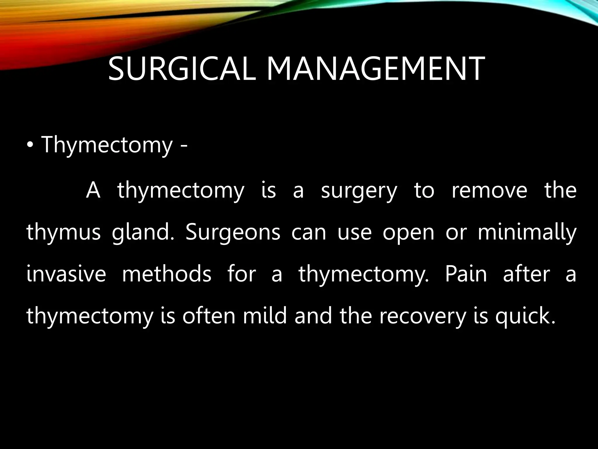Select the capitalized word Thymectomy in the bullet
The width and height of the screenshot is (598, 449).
click(107, 145)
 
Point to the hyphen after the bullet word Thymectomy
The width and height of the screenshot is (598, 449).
click(183, 146)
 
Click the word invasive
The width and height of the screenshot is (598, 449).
click(66, 274)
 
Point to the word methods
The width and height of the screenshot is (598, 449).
click(166, 274)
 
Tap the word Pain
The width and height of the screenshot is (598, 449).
click(466, 274)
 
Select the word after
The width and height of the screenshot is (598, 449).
click(526, 274)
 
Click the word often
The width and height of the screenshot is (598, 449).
click(208, 316)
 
